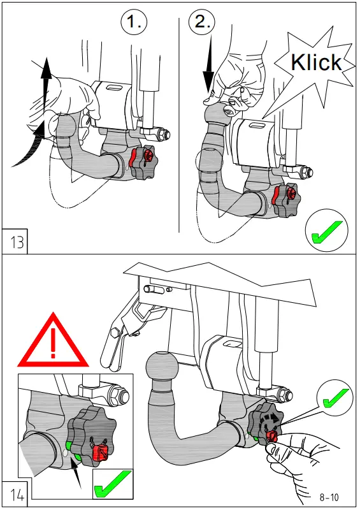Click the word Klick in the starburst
click(316, 62)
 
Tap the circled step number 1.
click(134, 22)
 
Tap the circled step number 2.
click(202, 22)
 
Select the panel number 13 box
click(15, 242)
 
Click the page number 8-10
click(329, 497)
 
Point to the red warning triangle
click(53, 342)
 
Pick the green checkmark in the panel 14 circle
click(335, 397)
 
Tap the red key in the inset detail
click(99, 453)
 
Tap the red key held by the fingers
click(271, 437)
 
